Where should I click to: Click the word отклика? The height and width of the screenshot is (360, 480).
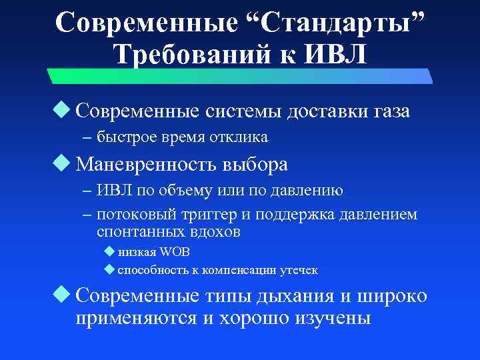(x=241, y=138)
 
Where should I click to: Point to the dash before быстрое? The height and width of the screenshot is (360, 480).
(x=88, y=138)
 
